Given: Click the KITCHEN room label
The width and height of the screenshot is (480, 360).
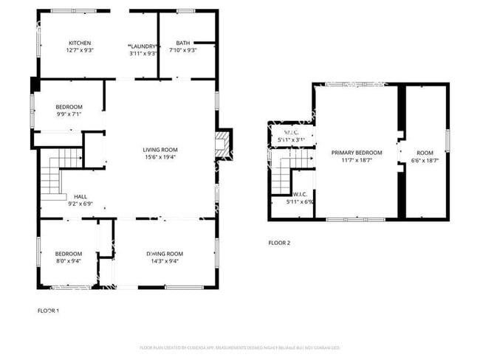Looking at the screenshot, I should pyautogui.click(x=80, y=43).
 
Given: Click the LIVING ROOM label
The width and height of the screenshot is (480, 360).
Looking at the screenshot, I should pyautogui.click(x=160, y=150).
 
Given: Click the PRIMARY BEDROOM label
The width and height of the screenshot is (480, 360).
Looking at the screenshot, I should pyautogui.click(x=356, y=153).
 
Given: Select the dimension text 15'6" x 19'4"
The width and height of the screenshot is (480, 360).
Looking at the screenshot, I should pyautogui.click(x=160, y=157).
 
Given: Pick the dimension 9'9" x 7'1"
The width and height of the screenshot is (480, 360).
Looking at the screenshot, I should pyautogui.click(x=69, y=114).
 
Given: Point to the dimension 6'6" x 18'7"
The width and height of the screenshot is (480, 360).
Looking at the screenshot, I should pyautogui.click(x=425, y=160).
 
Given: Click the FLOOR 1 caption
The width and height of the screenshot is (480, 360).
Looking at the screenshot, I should pyautogui.click(x=48, y=311).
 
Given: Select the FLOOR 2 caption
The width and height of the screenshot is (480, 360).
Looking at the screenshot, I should pyautogui.click(x=279, y=242).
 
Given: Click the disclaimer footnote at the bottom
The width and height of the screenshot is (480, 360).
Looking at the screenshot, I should pyautogui.click(x=239, y=347).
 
